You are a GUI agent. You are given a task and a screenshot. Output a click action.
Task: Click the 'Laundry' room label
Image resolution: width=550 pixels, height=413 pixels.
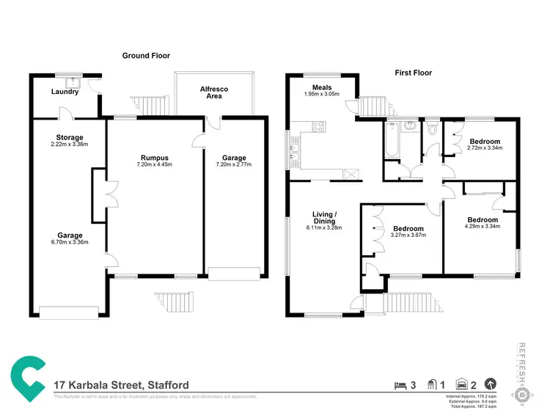[65, 92]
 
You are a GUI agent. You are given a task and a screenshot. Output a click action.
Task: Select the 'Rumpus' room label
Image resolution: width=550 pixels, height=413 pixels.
[155, 157]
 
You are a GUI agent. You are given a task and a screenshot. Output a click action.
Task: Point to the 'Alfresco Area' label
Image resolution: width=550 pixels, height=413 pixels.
[214, 92]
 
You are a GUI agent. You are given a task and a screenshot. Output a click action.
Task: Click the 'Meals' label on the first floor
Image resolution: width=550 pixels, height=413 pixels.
[321, 87]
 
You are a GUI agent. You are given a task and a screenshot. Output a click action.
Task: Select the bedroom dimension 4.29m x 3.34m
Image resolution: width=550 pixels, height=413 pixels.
[483, 227]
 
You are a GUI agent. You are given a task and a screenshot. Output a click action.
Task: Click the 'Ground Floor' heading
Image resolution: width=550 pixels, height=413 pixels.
[147, 56]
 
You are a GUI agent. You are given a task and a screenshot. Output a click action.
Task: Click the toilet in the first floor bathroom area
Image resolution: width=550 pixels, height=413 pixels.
[432, 129]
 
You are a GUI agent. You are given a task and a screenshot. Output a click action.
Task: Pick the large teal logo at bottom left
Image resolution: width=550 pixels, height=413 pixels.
[29, 378]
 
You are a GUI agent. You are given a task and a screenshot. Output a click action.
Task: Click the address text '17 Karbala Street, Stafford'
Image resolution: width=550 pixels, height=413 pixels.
[122, 385]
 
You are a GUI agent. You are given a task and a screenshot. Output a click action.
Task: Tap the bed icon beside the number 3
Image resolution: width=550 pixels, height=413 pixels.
[400, 384]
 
